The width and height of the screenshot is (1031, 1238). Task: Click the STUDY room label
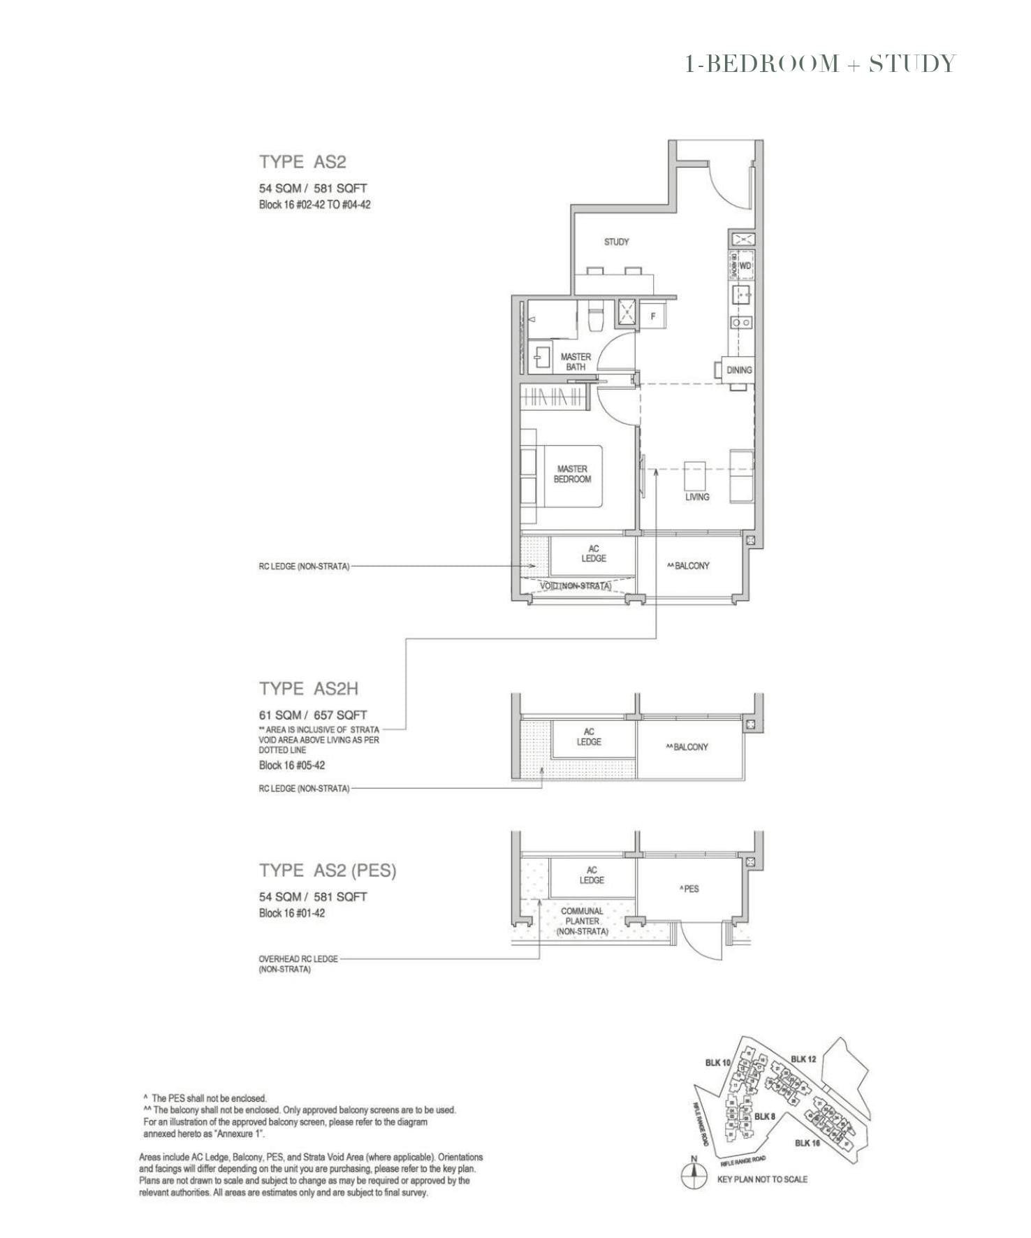[616, 242]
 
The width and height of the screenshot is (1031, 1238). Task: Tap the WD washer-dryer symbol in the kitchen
[745, 266]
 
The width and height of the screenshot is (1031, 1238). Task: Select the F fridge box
[654, 316]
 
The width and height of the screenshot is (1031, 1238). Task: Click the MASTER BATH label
[576, 362]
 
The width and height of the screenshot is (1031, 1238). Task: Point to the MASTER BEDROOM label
[572, 474]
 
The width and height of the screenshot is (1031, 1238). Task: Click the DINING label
[738, 370]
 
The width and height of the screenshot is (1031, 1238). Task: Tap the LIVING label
[696, 497]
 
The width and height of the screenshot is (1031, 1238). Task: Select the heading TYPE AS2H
[309, 689]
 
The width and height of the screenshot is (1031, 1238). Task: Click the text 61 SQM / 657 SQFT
[313, 715]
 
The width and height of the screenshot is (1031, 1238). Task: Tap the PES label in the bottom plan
[689, 889]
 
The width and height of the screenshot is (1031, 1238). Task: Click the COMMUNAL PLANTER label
[582, 921]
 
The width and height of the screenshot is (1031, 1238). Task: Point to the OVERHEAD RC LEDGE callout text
[298, 963]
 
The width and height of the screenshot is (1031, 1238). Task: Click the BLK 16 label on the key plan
[807, 1143]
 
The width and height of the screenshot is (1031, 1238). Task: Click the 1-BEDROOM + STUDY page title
[820, 64]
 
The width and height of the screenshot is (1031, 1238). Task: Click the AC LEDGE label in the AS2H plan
[589, 736]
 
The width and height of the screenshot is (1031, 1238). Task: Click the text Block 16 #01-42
[291, 913]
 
